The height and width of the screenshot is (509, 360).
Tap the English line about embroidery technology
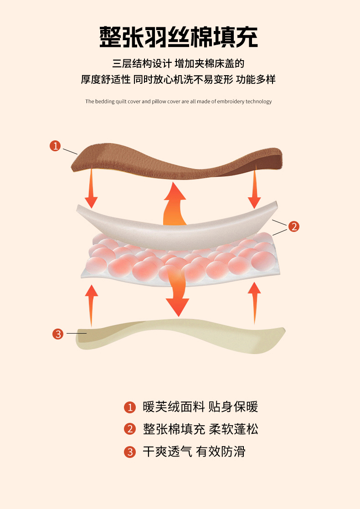[x=179, y=101]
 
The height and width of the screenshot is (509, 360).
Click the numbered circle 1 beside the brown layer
[x=55, y=146]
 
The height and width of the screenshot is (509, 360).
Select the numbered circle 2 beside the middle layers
[x=294, y=226]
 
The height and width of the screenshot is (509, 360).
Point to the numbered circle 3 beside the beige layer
[x=58, y=334]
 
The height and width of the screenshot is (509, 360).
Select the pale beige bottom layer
[x=180, y=336]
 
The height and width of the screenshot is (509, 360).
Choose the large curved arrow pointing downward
[x=177, y=292]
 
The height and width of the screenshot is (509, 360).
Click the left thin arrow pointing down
[x=91, y=188]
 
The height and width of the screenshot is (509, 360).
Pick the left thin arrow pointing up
[x=91, y=305]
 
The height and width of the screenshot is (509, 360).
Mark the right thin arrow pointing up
[x=254, y=303]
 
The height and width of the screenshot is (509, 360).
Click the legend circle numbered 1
[x=130, y=407]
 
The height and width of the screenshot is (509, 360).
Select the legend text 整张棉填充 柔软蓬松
[x=201, y=429]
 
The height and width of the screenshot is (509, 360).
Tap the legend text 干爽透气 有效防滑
[x=194, y=452]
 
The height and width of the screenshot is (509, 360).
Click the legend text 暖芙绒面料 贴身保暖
[x=201, y=407]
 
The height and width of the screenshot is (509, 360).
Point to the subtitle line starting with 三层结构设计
[x=178, y=64]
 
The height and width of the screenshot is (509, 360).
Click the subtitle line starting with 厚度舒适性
[x=178, y=80]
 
